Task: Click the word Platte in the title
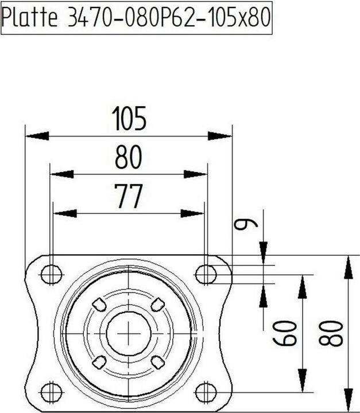[x=29, y=17]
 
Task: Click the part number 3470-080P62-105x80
[x=169, y=17]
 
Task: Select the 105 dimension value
[x=129, y=119]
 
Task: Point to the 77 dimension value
[x=129, y=196]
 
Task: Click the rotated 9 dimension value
[x=246, y=225]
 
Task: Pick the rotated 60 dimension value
[x=285, y=333]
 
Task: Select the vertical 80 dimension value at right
[x=331, y=333]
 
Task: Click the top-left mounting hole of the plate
[x=52, y=274]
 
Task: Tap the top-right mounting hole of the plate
[x=206, y=274]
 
